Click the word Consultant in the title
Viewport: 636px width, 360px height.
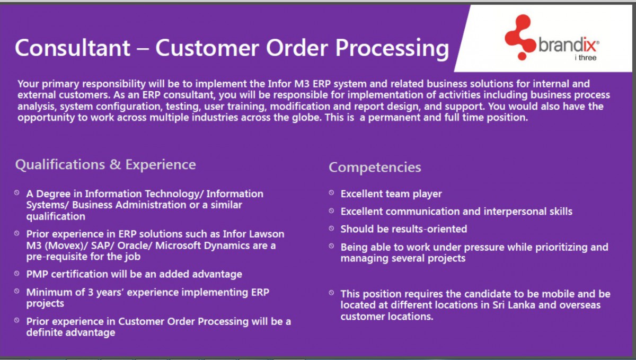click(73, 48)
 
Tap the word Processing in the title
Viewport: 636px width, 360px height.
click(392, 48)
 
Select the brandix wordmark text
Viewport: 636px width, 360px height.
click(568, 45)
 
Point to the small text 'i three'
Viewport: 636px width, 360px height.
click(585, 58)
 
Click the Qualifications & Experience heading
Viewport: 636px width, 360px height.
click(105, 164)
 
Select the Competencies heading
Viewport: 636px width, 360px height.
click(375, 167)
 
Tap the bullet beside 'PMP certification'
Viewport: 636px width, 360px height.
click(17, 274)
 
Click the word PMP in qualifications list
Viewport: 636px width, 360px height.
click(37, 274)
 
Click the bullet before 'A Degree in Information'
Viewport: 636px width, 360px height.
click(17, 194)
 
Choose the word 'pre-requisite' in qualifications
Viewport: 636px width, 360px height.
click(56, 257)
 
